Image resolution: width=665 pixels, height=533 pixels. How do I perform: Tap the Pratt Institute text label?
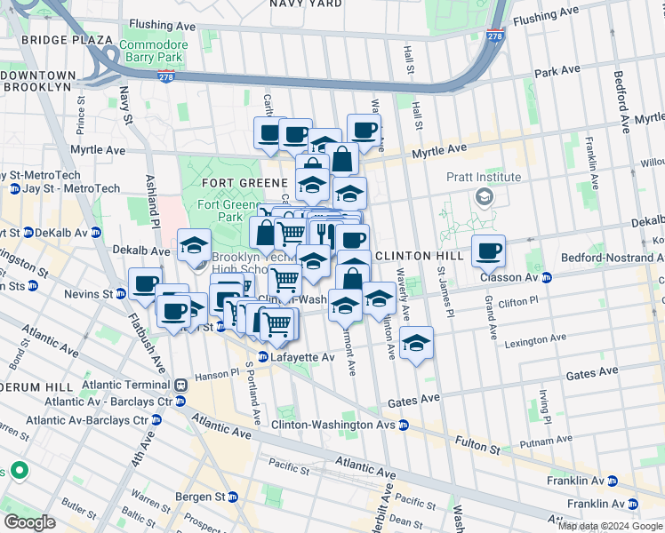(485, 177)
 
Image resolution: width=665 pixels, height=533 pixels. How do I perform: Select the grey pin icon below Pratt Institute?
(485, 196)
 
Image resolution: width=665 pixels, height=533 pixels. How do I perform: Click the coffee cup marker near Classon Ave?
(487, 251)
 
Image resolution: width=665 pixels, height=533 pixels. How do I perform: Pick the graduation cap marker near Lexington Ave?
(415, 342)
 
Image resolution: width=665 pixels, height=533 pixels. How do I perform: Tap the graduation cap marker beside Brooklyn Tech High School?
(194, 246)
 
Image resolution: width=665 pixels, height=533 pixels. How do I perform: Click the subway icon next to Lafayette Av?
(263, 357)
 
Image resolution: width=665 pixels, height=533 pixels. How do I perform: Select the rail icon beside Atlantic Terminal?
(180, 386)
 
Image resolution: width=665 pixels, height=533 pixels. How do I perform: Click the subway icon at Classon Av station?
(548, 277)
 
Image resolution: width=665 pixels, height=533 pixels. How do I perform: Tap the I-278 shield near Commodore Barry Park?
(165, 77)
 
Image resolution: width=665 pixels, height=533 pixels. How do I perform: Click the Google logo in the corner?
(30, 522)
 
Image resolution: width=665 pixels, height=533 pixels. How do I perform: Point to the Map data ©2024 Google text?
(611, 526)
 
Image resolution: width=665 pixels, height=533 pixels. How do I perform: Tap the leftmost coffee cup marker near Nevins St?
(145, 284)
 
